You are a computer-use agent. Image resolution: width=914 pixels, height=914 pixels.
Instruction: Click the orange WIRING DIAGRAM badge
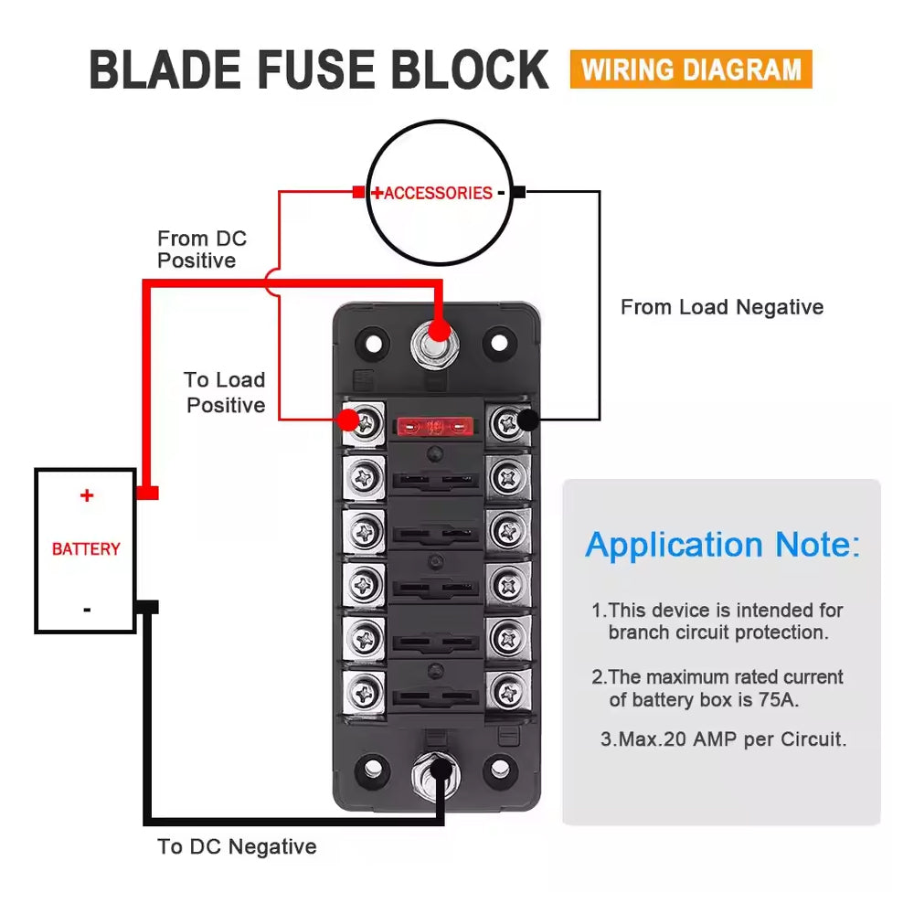coord(690,69)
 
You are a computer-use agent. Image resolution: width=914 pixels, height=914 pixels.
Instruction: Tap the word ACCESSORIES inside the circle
coord(438,193)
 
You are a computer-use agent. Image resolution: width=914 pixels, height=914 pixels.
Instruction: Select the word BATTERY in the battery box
coord(86,549)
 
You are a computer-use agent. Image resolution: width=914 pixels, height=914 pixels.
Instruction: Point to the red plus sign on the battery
coord(87,496)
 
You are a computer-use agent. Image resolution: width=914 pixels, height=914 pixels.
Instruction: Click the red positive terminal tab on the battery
coord(147,493)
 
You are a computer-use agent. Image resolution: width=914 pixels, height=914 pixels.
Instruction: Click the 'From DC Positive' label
coord(201,250)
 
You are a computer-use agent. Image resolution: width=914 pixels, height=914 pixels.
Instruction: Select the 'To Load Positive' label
coord(225,392)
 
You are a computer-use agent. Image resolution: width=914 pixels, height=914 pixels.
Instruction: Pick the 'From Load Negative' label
coord(721,307)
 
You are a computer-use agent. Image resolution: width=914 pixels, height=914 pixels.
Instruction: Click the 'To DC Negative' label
coord(237,846)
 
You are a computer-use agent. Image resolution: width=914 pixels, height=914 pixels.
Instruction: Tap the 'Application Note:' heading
coord(722,545)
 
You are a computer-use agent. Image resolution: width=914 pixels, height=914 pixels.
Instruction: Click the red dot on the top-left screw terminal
coord(347,420)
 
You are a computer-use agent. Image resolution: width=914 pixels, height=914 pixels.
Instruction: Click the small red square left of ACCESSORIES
coord(358,192)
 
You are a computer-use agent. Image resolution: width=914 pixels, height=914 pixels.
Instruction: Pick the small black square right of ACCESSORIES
coord(518,192)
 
